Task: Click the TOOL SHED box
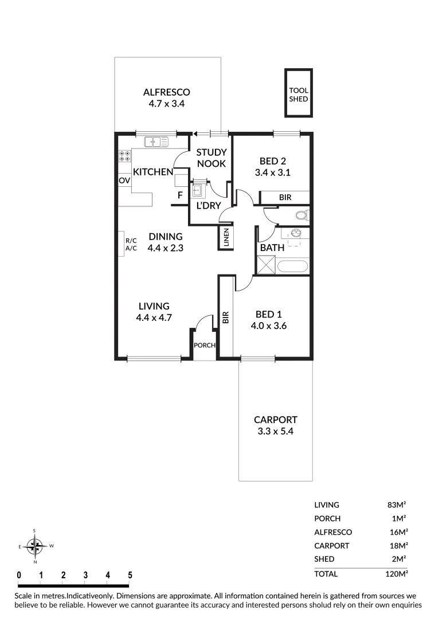pyautogui.click(x=299, y=93)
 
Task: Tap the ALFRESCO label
pyautogui.click(x=166, y=92)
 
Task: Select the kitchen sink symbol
pyautogui.click(x=155, y=141)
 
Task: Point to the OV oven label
pyautogui.click(x=124, y=181)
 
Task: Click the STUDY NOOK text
pyautogui.click(x=211, y=158)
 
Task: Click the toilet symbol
pyautogui.click(x=301, y=216)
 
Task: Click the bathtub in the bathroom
pyautogui.click(x=293, y=267)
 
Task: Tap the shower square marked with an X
pyautogui.click(x=267, y=266)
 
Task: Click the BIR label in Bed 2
pyautogui.click(x=285, y=197)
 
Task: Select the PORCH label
pyautogui.click(x=204, y=345)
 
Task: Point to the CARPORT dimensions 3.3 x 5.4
pyautogui.click(x=276, y=431)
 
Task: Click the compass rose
pyautogui.click(x=36, y=546)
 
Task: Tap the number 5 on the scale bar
pyautogui.click(x=130, y=575)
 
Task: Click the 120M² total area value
pyautogui.click(x=396, y=573)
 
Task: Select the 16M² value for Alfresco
pyautogui.click(x=398, y=532)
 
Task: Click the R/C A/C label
pyautogui.click(x=131, y=245)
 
